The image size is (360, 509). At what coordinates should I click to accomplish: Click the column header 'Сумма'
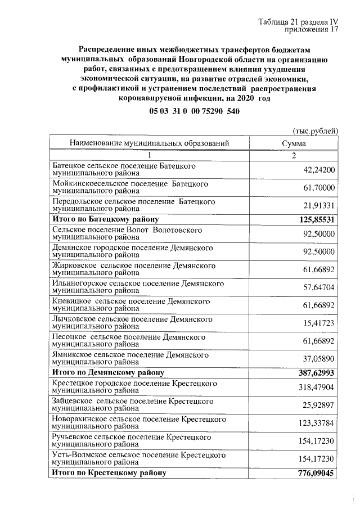click(x=294, y=143)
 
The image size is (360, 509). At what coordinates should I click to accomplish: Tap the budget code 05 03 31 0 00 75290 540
click(x=195, y=111)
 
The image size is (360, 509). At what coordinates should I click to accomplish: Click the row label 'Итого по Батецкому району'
click(x=105, y=219)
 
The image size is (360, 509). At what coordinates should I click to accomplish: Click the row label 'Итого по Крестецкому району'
click(x=109, y=474)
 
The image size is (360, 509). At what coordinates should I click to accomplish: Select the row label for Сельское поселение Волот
click(x=127, y=234)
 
